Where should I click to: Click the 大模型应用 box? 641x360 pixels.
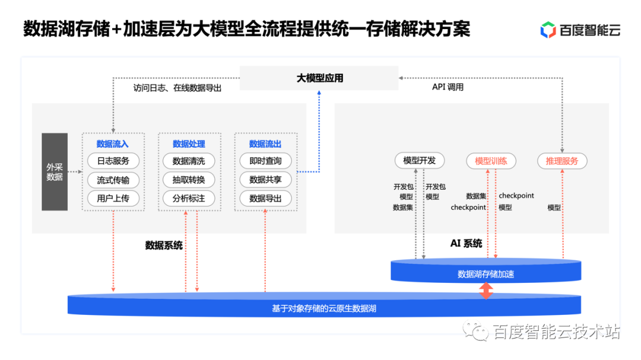pyautogui.click(x=319, y=78)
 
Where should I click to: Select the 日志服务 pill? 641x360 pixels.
pyautogui.click(x=113, y=161)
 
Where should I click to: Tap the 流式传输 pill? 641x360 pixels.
pyautogui.click(x=113, y=180)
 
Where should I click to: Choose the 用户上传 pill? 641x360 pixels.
pyautogui.click(x=113, y=198)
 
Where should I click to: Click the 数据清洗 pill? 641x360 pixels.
pyautogui.click(x=189, y=161)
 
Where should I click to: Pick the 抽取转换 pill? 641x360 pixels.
pyautogui.click(x=189, y=180)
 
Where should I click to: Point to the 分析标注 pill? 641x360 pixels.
pyautogui.click(x=189, y=198)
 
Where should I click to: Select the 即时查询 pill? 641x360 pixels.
pyautogui.click(x=265, y=161)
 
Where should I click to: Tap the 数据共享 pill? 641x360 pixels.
pyautogui.click(x=265, y=180)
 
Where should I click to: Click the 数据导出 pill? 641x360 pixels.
pyautogui.click(x=265, y=198)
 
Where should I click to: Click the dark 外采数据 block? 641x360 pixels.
pyautogui.click(x=55, y=172)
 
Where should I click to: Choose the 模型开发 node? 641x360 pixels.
pyautogui.click(x=420, y=160)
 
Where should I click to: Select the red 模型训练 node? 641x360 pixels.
pyautogui.click(x=491, y=160)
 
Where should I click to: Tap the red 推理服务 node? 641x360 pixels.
pyautogui.click(x=562, y=160)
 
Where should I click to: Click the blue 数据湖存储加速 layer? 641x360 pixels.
pyautogui.click(x=485, y=273)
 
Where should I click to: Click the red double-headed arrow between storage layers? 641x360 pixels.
pyautogui.click(x=486, y=291)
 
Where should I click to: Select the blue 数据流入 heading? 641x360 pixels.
pyautogui.click(x=113, y=144)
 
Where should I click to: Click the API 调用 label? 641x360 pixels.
pyautogui.click(x=448, y=87)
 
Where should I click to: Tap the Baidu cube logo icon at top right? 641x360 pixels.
pyautogui.click(x=548, y=30)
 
